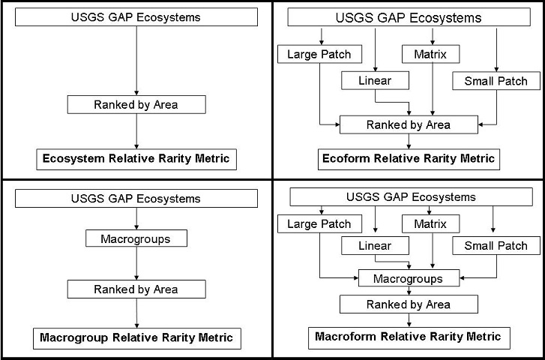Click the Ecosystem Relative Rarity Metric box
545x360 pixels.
(x=137, y=159)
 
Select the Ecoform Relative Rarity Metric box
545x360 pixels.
(x=408, y=159)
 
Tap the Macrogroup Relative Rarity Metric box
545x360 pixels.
(x=137, y=337)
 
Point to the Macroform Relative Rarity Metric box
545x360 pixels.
(x=409, y=337)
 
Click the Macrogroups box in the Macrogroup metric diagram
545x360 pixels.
(x=136, y=238)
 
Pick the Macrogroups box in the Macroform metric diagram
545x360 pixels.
(x=408, y=278)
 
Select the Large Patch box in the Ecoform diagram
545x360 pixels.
(x=319, y=54)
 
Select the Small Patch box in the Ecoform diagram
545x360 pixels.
(x=496, y=80)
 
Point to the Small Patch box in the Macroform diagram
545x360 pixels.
(x=496, y=246)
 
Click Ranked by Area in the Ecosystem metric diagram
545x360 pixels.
(x=136, y=104)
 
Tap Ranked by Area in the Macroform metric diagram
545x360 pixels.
(x=408, y=304)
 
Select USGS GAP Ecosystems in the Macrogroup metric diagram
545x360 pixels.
(x=136, y=199)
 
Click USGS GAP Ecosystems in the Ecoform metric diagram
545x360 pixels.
(x=408, y=17)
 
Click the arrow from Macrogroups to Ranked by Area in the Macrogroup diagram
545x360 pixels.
(x=136, y=263)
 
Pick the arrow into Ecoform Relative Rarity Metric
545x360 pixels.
(x=408, y=142)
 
